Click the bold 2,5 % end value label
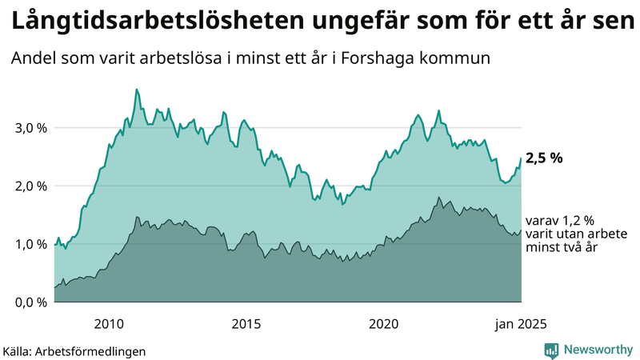(544, 158)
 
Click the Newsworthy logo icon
(552, 350)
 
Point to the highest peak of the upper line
(137, 90)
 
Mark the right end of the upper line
(521, 158)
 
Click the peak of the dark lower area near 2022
(438, 197)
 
